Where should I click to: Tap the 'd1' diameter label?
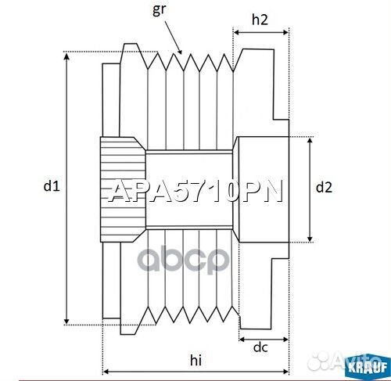tap(52, 186)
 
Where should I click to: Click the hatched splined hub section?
tap(122, 189)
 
